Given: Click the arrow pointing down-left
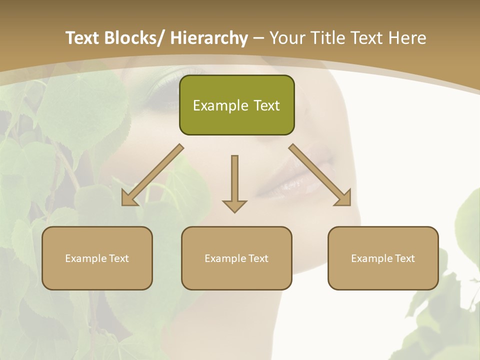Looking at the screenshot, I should [153, 175].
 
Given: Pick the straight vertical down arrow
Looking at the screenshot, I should [234, 182].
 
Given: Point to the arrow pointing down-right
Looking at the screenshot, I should [320, 175].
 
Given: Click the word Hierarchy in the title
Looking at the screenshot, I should [209, 38].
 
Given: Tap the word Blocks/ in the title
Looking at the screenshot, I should [136, 38].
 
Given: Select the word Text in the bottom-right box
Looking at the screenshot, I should [404, 258].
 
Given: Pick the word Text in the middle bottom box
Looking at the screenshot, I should [258, 258].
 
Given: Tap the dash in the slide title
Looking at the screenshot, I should [258, 38].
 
